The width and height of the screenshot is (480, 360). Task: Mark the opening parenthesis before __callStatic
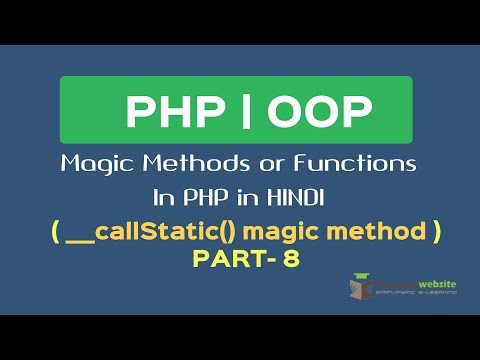(54, 230)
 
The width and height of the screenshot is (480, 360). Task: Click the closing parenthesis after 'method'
(435, 230)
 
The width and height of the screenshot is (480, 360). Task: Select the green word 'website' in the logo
(436, 285)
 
